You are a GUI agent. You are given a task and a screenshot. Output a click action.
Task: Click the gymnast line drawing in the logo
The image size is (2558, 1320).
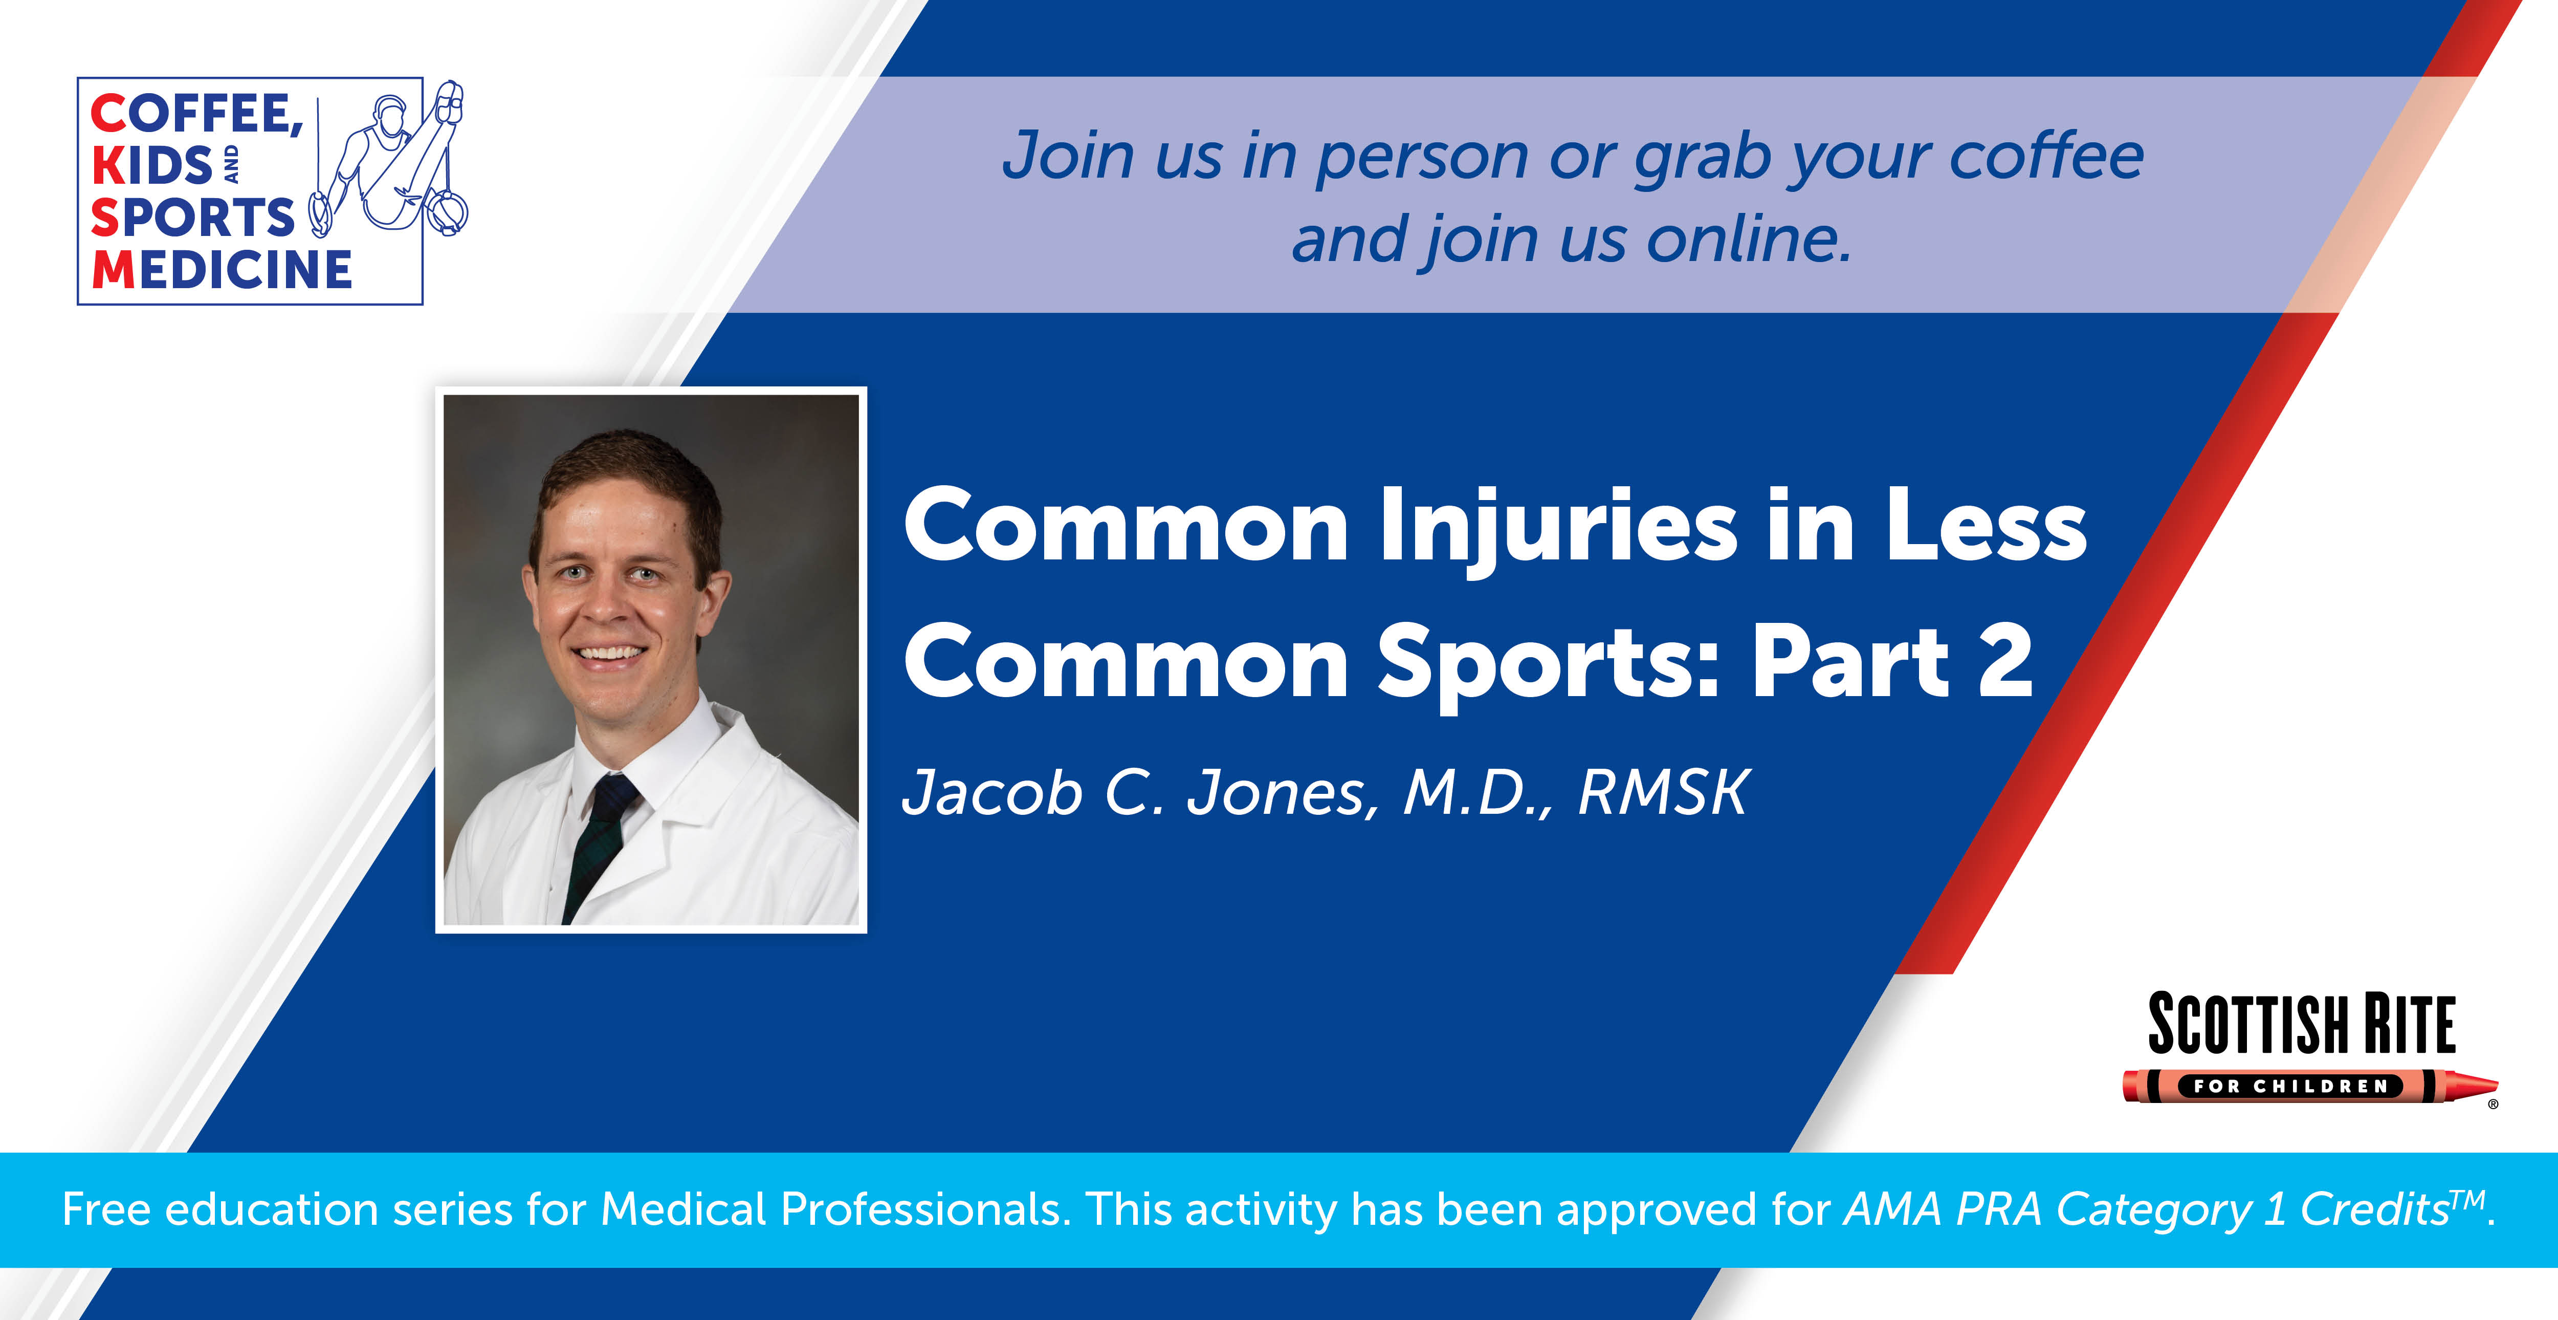point(389,159)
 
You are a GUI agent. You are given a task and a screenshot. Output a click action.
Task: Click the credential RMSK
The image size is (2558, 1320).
point(1663,793)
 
